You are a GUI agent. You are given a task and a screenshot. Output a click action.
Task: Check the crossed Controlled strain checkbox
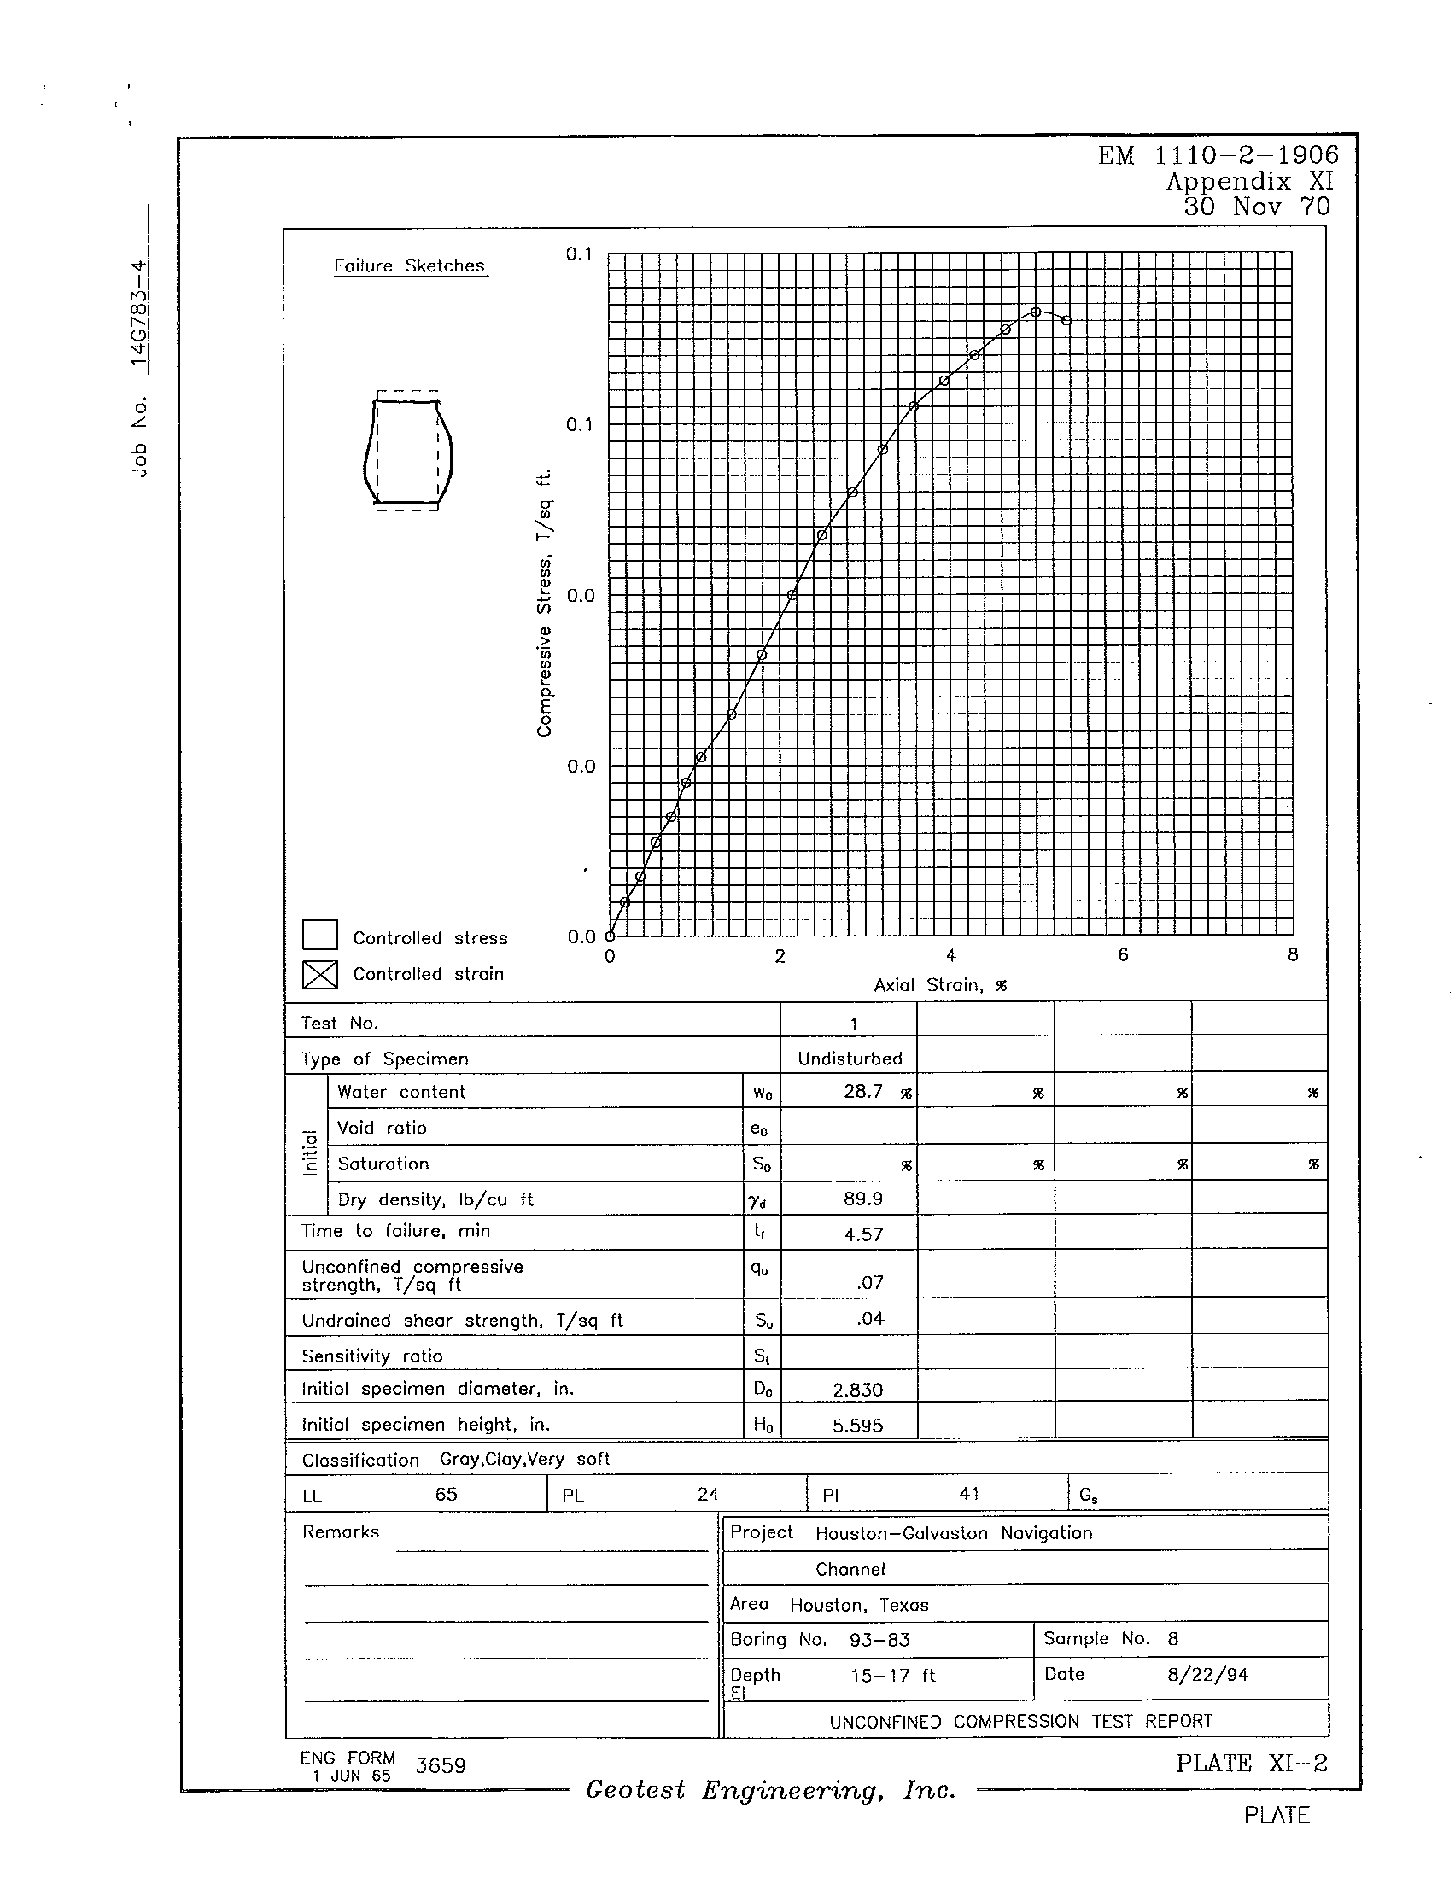tap(319, 974)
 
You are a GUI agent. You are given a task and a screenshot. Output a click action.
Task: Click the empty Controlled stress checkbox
tap(319, 936)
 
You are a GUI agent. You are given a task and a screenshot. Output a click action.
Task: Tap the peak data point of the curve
tap(1037, 312)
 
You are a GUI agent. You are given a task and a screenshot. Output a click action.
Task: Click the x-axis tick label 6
tap(1122, 954)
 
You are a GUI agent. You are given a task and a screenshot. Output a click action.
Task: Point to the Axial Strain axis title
tap(940, 985)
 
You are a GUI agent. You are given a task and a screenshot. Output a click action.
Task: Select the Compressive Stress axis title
tap(543, 603)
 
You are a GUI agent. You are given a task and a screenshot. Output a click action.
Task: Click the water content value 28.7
tap(862, 1092)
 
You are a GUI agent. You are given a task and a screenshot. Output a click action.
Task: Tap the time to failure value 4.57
tap(863, 1235)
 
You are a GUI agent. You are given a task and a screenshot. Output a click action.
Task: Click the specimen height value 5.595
tap(857, 1426)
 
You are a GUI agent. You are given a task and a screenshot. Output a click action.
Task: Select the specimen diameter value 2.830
tap(857, 1390)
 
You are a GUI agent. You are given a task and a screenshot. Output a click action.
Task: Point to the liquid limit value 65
tap(446, 1495)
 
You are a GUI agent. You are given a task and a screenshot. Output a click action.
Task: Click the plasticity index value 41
tap(969, 1495)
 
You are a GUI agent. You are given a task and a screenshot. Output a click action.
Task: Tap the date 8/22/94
tap(1207, 1674)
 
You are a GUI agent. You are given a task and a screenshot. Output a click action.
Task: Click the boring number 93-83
tap(879, 1640)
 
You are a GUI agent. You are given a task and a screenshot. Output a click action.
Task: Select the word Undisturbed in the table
tap(850, 1059)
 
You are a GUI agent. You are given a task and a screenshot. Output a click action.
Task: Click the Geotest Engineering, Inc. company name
tap(770, 1790)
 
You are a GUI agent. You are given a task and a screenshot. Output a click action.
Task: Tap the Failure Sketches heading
tap(410, 265)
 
